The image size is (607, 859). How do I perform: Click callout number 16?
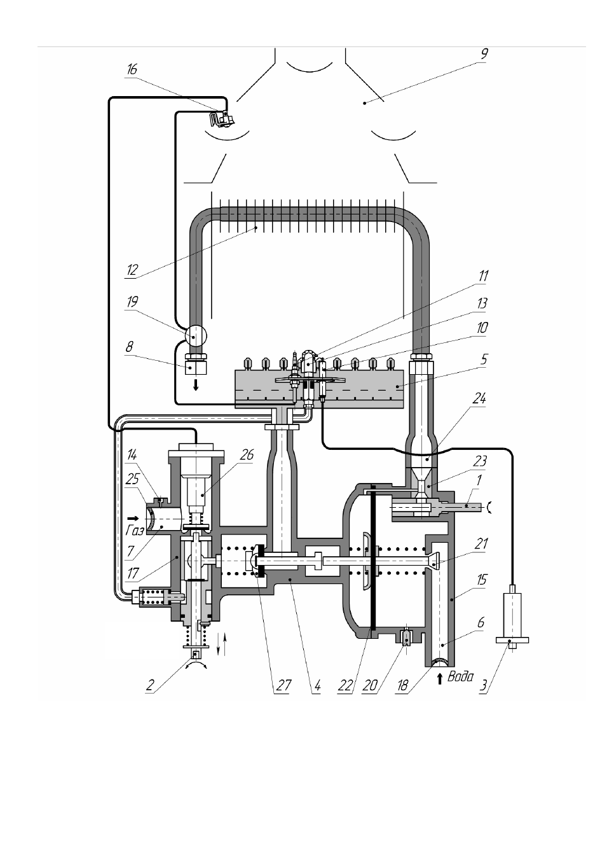click(x=132, y=70)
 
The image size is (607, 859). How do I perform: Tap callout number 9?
click(x=484, y=54)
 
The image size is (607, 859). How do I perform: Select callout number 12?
click(x=132, y=270)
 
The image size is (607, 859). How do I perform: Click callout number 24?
click(x=479, y=399)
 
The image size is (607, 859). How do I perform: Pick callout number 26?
click(x=247, y=455)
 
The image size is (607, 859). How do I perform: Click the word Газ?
click(x=135, y=531)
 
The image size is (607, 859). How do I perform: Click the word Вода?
click(x=460, y=676)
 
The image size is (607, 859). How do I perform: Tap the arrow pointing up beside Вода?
click(x=440, y=678)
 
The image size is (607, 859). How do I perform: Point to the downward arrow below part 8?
click(x=196, y=384)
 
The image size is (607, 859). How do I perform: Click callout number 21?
click(x=481, y=543)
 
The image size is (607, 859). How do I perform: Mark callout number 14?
click(x=132, y=455)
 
